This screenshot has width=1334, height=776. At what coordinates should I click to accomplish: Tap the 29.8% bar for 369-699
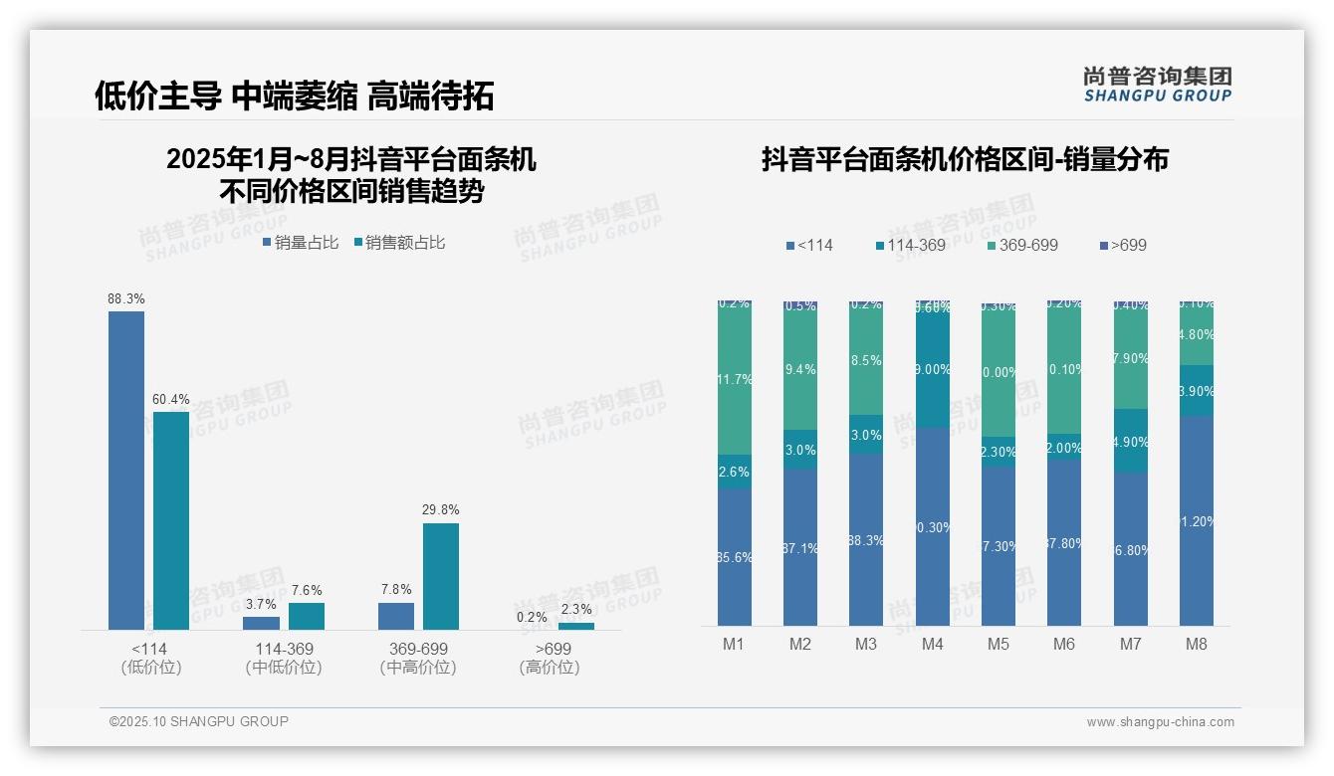[441, 576]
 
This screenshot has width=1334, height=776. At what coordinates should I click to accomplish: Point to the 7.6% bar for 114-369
[307, 616]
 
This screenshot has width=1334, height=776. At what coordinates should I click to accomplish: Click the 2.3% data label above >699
[575, 610]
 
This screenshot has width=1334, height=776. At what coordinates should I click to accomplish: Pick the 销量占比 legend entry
[301, 243]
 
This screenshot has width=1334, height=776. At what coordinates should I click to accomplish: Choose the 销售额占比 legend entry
[399, 243]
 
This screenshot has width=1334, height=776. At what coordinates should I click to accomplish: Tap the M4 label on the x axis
[932, 644]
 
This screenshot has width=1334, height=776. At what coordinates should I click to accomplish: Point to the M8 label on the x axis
[1196, 644]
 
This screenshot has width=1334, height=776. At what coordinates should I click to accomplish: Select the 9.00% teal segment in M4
[932, 370]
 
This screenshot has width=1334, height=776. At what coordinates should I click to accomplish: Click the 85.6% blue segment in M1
[734, 557]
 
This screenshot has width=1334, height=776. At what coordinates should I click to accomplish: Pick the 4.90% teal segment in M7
[1130, 441]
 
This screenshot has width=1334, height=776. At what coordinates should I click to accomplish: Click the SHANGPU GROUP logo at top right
[1157, 85]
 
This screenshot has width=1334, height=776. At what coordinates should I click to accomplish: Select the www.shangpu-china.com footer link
[1160, 722]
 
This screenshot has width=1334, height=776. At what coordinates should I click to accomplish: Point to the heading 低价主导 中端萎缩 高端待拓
[295, 96]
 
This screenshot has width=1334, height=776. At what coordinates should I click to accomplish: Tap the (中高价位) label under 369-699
[418, 668]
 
